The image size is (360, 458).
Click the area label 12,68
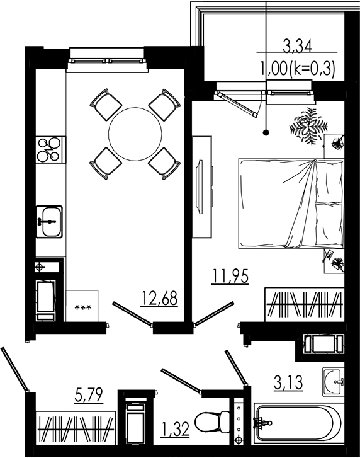coord(160,297)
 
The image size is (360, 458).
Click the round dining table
coord(135,134)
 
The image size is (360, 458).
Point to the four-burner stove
coord(49,149)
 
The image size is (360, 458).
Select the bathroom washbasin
coord(334,380)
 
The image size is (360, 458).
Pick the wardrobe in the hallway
coord(76,428)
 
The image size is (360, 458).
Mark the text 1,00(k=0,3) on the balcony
coord(297,66)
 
